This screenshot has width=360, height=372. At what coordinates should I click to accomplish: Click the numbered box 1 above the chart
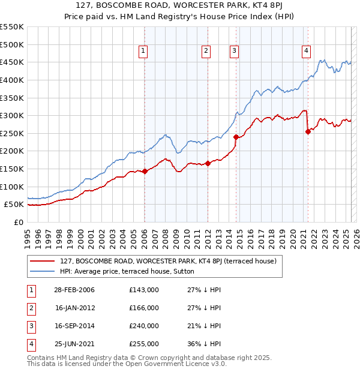point(144,52)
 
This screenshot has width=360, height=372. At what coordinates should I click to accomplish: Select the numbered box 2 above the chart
point(206,52)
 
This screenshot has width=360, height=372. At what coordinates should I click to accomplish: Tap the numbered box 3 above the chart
point(234,52)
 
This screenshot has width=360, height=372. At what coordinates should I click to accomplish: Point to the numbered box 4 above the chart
point(306,52)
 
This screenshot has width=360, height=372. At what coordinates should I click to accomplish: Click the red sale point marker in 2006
point(145,172)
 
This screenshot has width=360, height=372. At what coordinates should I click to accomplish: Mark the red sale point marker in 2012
point(208,163)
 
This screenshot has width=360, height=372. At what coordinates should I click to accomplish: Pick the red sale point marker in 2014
point(236,137)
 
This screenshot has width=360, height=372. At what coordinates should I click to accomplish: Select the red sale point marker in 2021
point(308,131)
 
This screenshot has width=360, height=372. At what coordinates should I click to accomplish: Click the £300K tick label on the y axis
point(11,115)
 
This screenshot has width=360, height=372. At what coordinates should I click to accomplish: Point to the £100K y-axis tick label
point(11,187)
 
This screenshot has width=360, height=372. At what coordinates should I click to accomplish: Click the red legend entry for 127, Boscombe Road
point(168,261)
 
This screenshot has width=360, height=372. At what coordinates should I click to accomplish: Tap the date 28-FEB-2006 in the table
point(74,290)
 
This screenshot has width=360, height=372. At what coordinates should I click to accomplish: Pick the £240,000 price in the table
point(144,326)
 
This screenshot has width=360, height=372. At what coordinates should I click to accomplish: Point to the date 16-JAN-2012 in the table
point(74,308)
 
